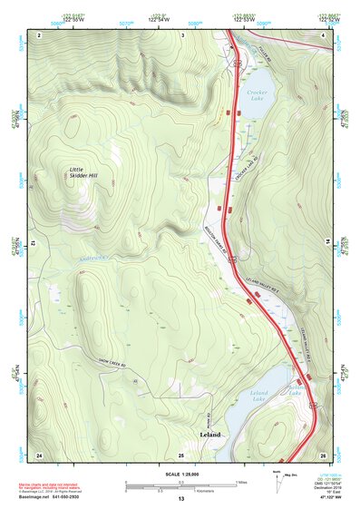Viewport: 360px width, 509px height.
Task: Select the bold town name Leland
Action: (x=210, y=434)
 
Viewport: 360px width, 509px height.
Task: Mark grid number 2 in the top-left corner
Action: (x=40, y=34)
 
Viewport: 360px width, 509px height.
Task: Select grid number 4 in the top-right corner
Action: (x=324, y=34)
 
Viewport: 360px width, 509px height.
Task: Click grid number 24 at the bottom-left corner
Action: (x=39, y=454)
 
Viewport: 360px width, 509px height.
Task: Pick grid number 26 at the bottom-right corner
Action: (x=323, y=454)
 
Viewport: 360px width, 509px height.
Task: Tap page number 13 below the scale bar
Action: (x=180, y=498)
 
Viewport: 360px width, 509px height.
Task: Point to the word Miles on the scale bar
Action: (x=240, y=482)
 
